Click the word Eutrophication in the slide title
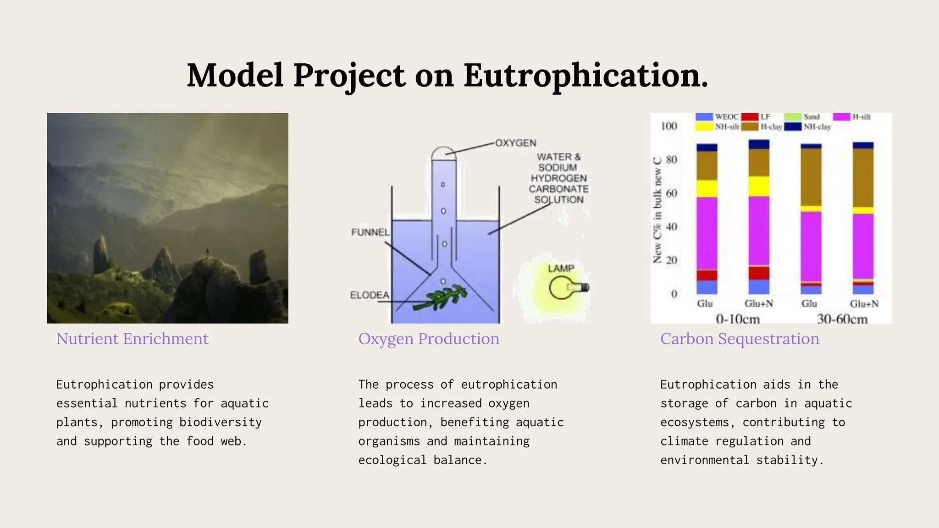click(x=585, y=76)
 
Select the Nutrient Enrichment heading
click(x=132, y=339)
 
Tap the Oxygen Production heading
click(x=429, y=339)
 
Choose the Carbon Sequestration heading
click(x=740, y=339)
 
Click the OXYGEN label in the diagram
click(x=515, y=143)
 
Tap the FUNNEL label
click(x=370, y=232)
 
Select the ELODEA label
click(x=370, y=295)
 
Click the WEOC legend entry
click(x=726, y=117)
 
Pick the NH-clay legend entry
click(x=817, y=127)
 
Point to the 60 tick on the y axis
click(x=671, y=193)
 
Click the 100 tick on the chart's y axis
click(x=669, y=126)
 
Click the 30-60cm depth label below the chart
click(x=842, y=319)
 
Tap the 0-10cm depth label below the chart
click(x=737, y=319)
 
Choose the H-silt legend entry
click(x=861, y=117)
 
